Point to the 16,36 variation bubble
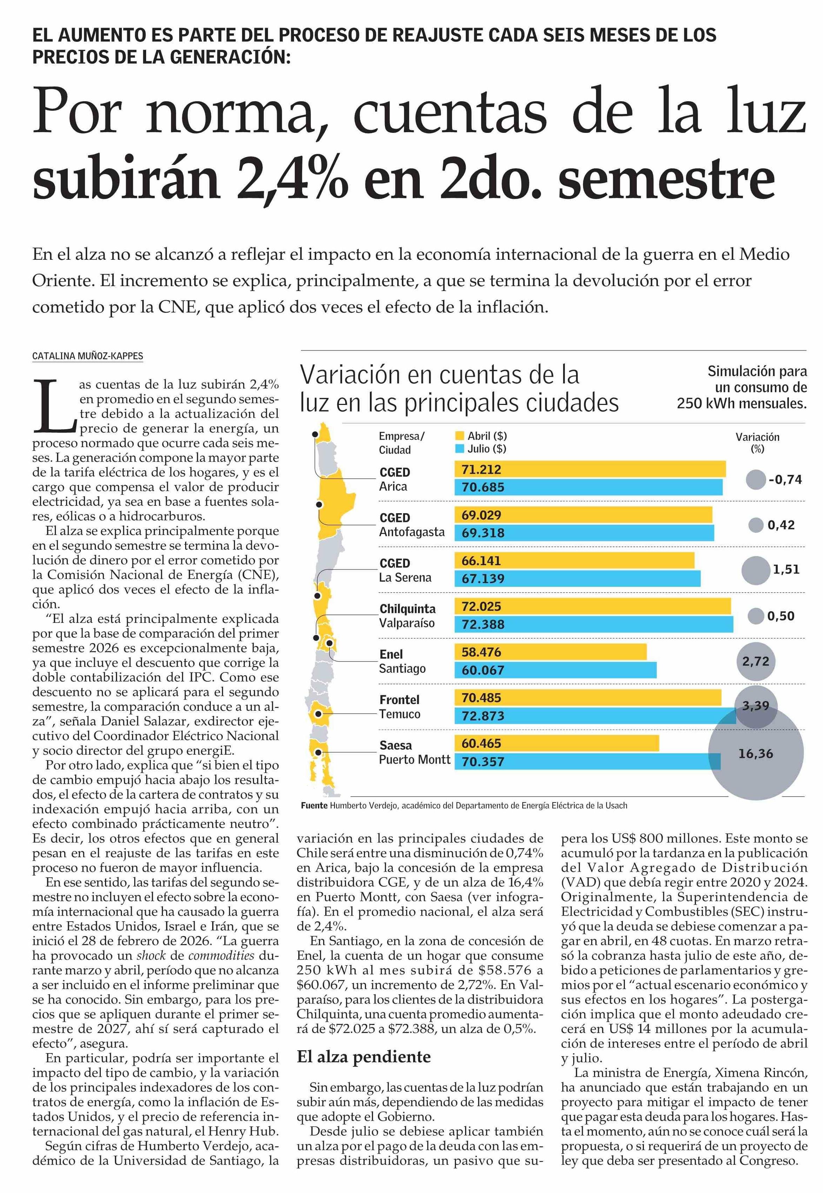(756, 754)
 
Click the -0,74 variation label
(785, 479)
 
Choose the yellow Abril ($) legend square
(460, 436)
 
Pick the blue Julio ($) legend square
(460, 449)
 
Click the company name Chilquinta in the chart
(407, 609)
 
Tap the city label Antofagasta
(412, 532)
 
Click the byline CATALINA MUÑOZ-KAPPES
(88, 356)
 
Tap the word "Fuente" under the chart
(314, 806)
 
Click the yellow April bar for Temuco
(588, 698)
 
